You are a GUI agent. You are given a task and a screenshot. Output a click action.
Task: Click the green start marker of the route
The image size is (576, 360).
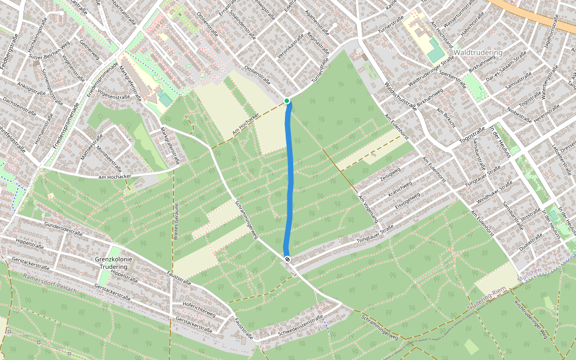click(287, 101)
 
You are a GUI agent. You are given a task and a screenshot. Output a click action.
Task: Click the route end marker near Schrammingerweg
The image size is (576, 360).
click(288, 259)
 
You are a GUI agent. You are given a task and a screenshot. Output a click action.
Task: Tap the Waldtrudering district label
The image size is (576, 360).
click(478, 53)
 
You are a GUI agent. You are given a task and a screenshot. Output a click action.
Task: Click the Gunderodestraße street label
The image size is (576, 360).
click(63, 229)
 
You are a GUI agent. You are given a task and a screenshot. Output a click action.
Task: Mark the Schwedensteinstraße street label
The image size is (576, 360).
click(300, 327)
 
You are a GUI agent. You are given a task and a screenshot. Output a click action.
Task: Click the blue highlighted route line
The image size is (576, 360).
click(291, 180)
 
